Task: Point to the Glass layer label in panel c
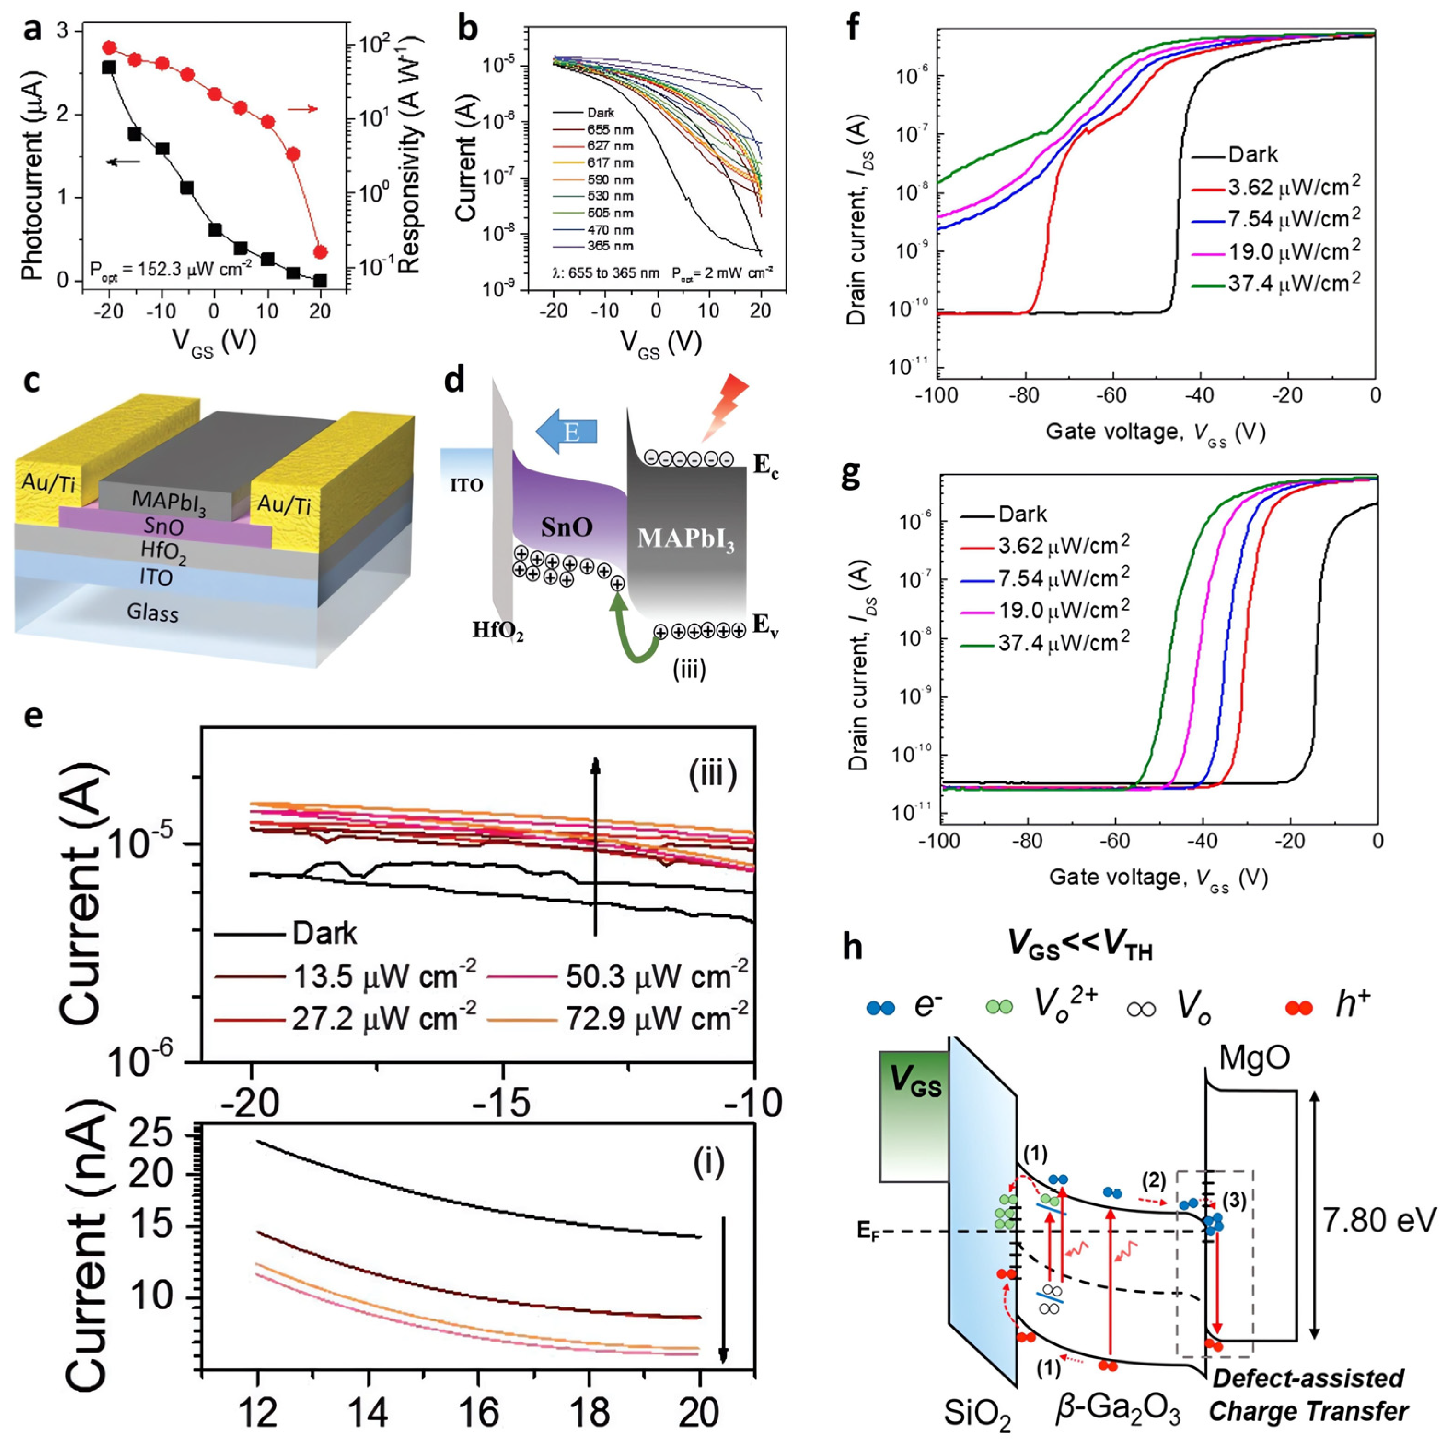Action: [153, 613]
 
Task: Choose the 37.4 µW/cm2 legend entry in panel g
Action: [1064, 641]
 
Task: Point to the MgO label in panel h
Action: [1255, 1058]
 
